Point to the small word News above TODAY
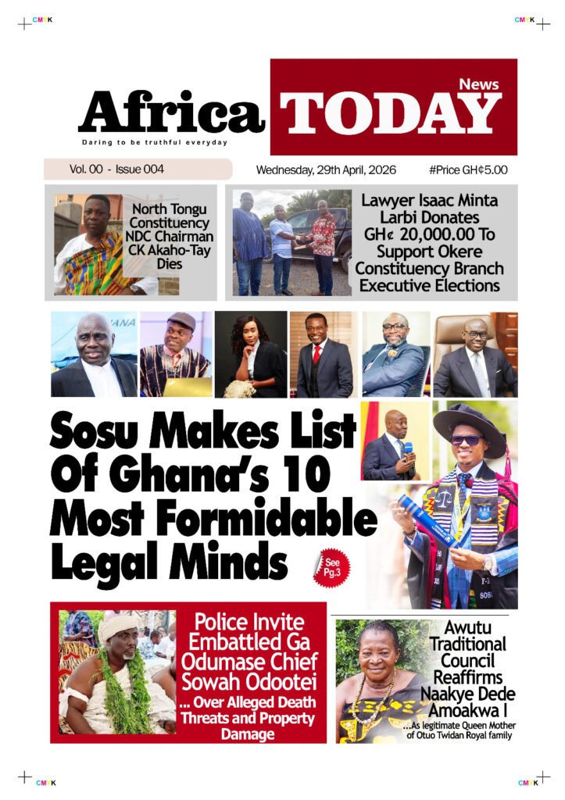pos(478,84)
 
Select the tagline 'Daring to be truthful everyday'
pos(155,142)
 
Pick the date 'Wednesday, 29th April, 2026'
pos(326,170)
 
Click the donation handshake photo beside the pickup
pos(291,242)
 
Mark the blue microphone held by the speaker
pos(407,447)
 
